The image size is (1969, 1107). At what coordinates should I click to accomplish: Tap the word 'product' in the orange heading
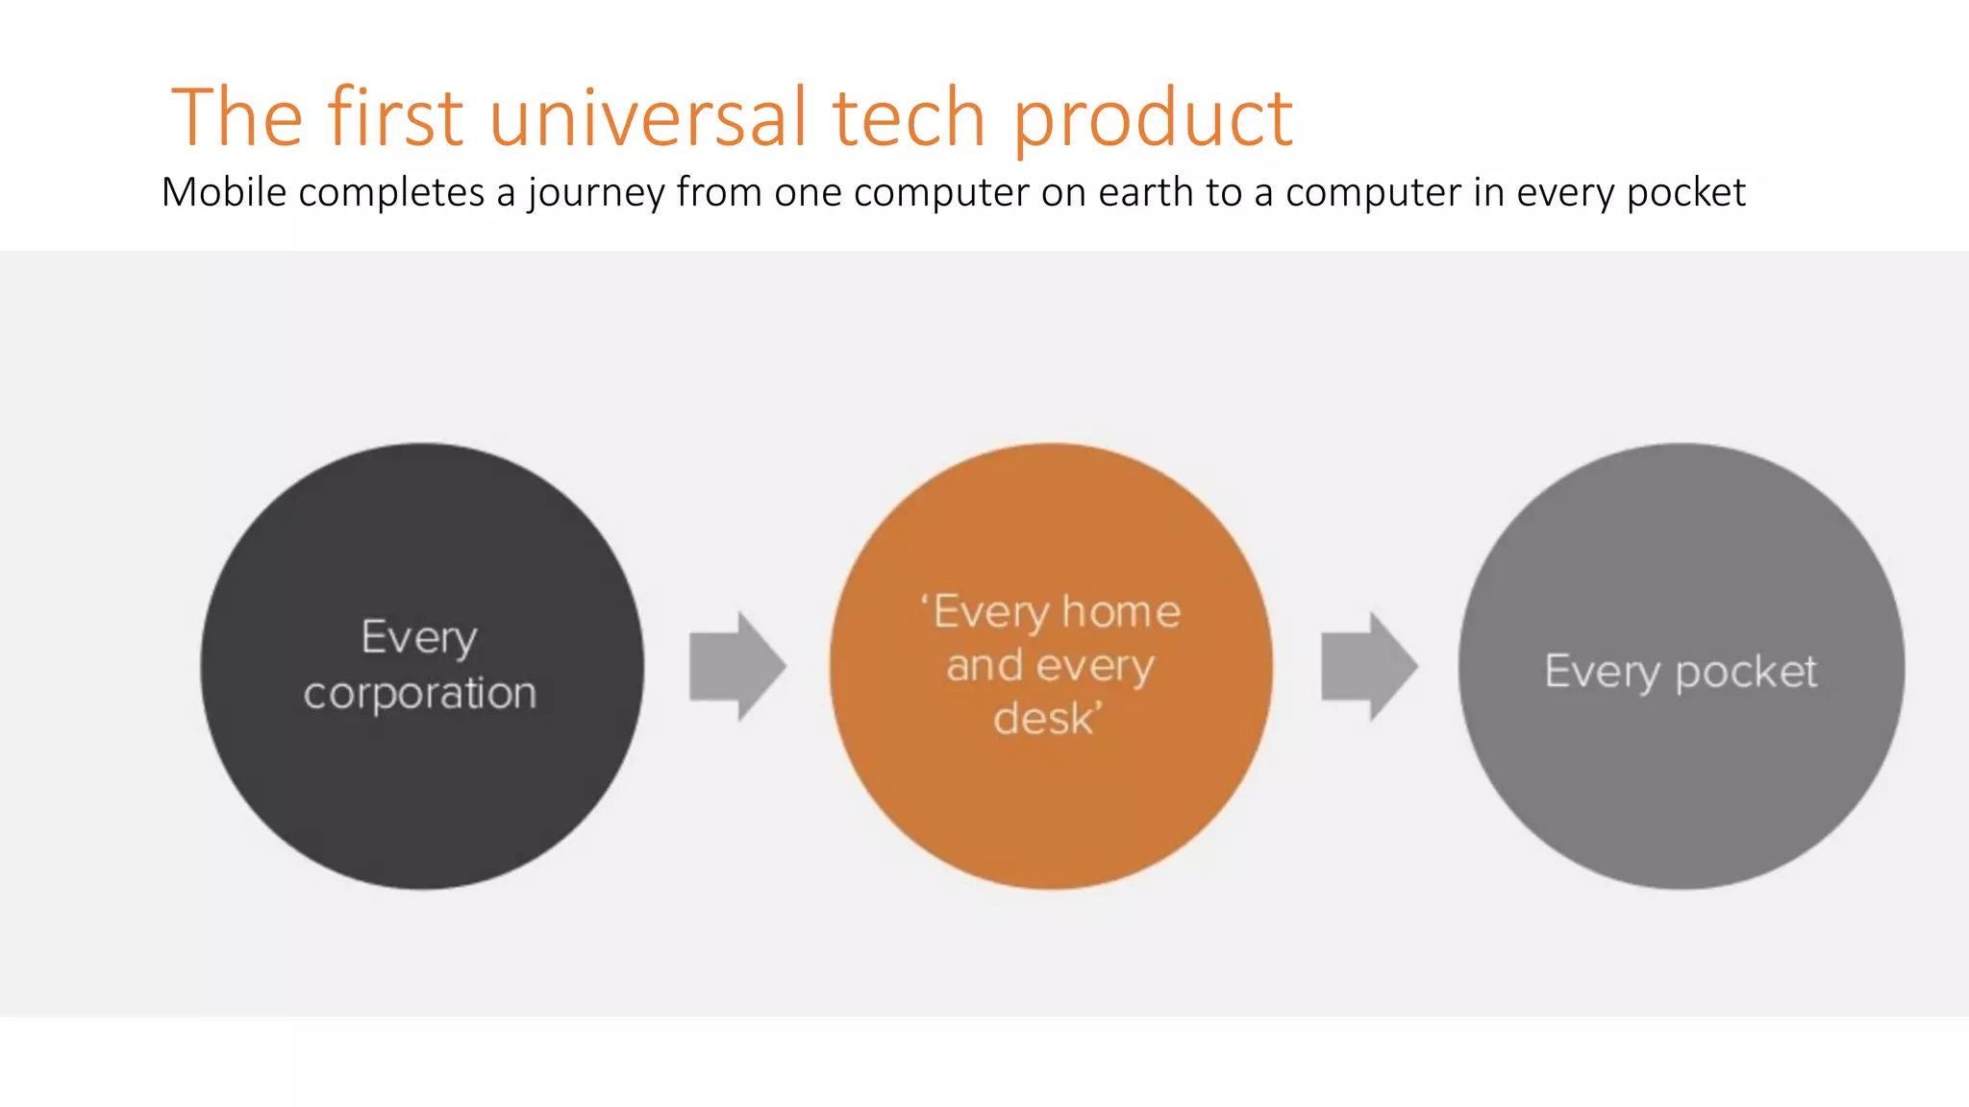coord(1153,119)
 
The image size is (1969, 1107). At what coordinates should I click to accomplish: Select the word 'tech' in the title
coord(909,117)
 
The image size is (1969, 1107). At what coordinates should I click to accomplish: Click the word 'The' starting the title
coord(237,117)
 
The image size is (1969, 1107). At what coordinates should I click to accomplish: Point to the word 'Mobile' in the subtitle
coord(224,192)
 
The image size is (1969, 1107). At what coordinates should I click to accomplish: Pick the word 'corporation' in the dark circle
coord(420,694)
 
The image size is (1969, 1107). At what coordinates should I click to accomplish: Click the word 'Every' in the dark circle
coord(419,638)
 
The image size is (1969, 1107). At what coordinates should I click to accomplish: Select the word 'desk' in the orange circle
coord(1044,719)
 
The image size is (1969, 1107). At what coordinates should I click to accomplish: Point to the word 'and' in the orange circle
coord(984,666)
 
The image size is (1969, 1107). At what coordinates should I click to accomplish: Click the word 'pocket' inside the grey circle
coord(1746,673)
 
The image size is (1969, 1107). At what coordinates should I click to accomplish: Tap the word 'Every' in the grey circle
coord(1602,672)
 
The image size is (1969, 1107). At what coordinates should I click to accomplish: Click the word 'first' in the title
coord(395,117)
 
